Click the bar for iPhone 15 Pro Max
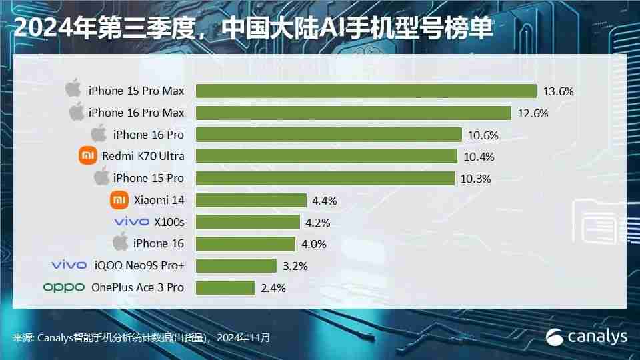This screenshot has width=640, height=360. [366, 91]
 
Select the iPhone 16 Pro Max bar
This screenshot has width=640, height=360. [353, 113]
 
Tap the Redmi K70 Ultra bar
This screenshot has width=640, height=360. [327, 156]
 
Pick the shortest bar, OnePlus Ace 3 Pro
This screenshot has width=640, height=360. [225, 287]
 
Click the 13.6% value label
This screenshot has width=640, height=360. [558, 91]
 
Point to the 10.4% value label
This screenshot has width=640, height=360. [478, 157]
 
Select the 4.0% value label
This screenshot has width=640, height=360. [313, 244]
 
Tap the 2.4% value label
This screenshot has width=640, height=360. [273, 288]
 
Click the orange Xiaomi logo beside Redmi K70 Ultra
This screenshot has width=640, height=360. [88, 156]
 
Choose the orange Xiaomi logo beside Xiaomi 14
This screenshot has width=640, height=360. [119, 200]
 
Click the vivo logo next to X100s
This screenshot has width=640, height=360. [131, 222]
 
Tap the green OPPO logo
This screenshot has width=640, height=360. [64, 287]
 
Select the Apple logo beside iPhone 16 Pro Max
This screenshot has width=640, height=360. [77, 111]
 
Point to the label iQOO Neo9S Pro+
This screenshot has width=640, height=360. [138, 265]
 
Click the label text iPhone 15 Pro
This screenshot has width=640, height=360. [148, 178]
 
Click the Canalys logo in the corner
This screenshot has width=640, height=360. [587, 337]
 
